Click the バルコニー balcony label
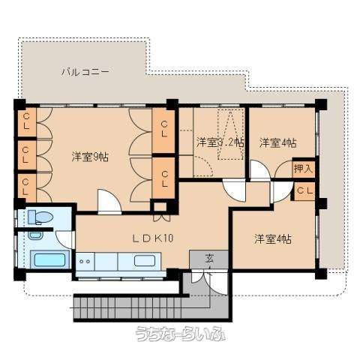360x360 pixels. click(x=85, y=73)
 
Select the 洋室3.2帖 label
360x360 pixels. click(x=220, y=142)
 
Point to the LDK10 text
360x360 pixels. click(x=153, y=238)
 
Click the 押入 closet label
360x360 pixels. click(x=304, y=169)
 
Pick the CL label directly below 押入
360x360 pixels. click(x=304, y=191)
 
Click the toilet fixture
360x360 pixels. click(x=39, y=217)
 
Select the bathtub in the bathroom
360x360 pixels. click(x=51, y=262)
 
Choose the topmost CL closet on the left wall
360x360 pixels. click(x=26, y=121)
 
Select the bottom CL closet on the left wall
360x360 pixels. click(x=26, y=187)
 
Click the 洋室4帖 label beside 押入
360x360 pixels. click(x=277, y=142)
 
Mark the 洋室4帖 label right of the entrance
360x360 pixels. click(x=272, y=238)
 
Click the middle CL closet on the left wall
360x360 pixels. click(x=26, y=155)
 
